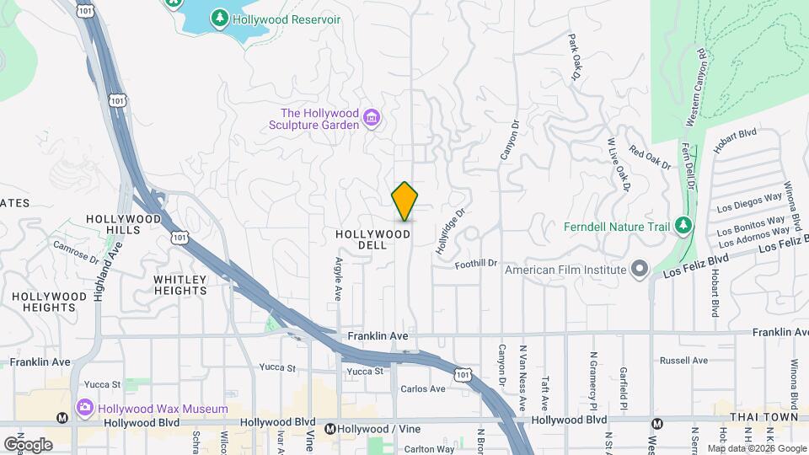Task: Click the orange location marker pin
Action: coord(405,201)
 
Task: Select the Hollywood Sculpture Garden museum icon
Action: coord(371,115)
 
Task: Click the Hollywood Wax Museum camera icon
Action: coord(84,409)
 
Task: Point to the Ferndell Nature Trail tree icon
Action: coord(683,226)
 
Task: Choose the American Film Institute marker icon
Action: coord(640,270)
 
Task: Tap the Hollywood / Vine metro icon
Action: coord(332,429)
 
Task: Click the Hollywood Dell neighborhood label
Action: coord(372,239)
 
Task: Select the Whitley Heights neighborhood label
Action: coord(180,285)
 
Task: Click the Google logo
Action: coord(28,444)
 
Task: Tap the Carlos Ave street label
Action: coord(423,389)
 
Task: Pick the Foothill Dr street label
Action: coord(477,264)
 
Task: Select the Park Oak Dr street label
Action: coord(576,57)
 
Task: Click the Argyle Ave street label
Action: coord(338,279)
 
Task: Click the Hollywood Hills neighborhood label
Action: coord(123,224)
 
